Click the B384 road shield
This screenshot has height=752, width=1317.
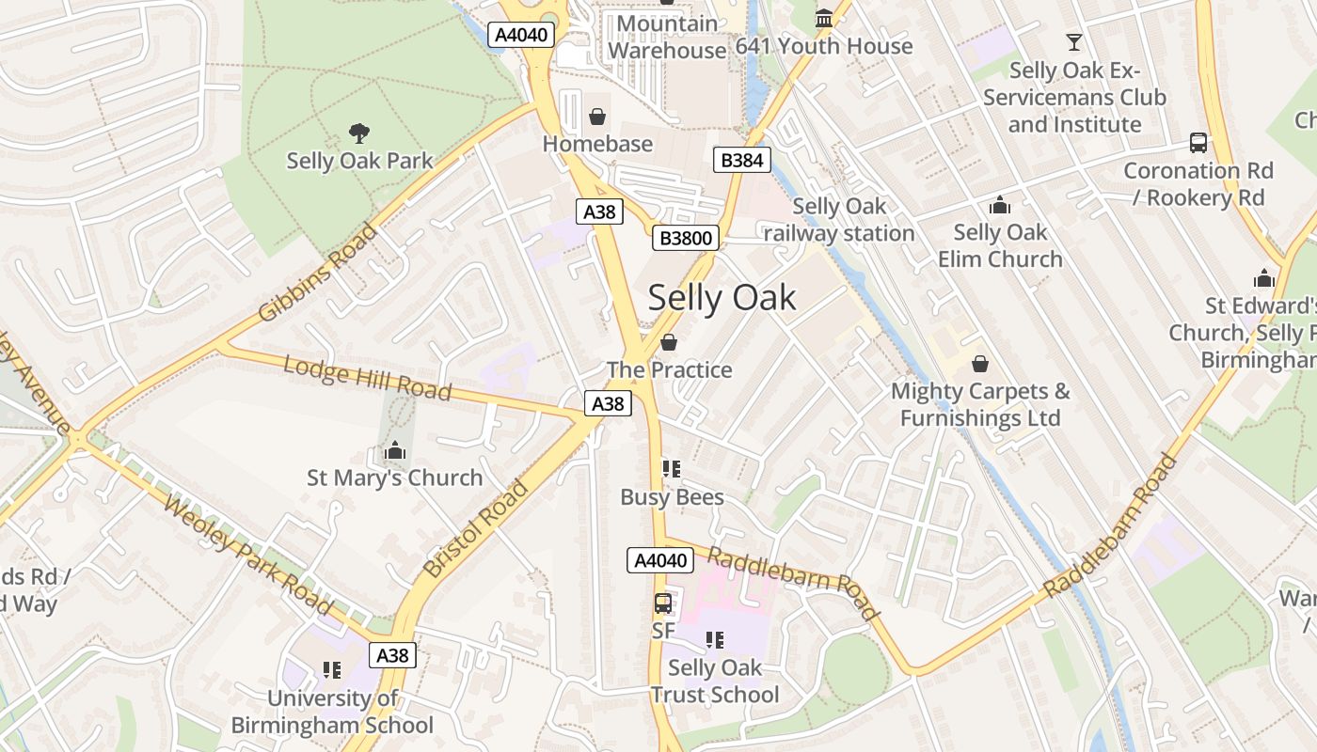(741, 160)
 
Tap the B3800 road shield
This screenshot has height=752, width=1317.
(686, 238)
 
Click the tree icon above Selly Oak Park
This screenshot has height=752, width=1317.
(358, 133)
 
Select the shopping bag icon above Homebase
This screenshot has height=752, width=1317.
(596, 117)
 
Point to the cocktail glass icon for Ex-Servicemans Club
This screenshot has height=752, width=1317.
(1073, 42)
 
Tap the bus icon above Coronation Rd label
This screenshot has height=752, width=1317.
(1198, 143)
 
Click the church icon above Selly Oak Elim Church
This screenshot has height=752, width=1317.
(999, 205)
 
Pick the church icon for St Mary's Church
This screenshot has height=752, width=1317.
(395, 451)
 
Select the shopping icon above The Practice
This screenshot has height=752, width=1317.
(669, 342)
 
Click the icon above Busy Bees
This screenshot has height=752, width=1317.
(671, 469)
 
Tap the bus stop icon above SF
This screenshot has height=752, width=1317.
(663, 603)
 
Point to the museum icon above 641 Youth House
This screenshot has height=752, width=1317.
(824, 19)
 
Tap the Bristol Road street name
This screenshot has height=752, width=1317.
(476, 528)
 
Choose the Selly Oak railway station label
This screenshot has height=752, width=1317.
(839, 220)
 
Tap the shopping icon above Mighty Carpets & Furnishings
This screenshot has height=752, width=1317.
(979, 364)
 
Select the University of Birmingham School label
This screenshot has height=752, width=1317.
(332, 712)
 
